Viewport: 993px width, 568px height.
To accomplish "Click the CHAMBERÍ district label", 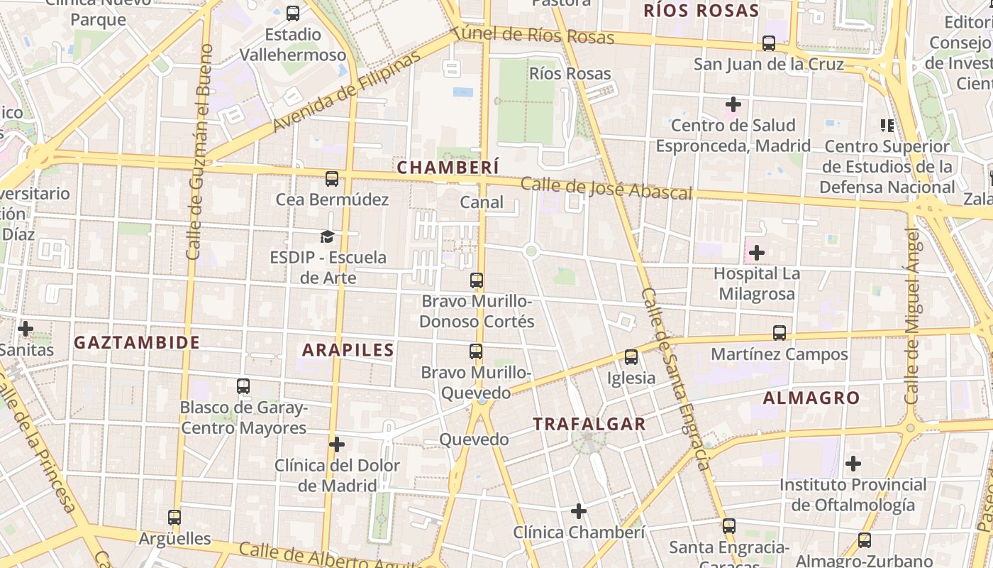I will click(448, 168).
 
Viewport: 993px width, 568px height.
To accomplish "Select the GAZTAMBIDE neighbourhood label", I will click(137, 342).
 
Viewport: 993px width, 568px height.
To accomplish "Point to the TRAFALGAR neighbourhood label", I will click(589, 424).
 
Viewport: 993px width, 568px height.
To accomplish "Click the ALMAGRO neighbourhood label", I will click(811, 398).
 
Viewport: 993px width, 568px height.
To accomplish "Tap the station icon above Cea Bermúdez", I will click(332, 179).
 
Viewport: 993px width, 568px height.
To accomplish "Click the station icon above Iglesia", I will click(631, 357).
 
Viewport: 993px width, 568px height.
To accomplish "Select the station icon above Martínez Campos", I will click(780, 333).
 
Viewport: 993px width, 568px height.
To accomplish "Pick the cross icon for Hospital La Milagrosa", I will click(757, 252).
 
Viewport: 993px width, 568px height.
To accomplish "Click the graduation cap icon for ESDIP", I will click(327, 236).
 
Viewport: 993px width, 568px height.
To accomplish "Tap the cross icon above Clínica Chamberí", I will click(579, 511).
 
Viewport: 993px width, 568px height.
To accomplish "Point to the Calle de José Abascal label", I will click(606, 189).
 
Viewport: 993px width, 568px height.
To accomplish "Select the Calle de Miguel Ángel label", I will click(912, 315).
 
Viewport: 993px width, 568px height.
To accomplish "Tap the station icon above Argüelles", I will click(174, 518).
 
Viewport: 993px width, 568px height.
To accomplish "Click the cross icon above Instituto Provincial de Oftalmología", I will click(853, 464).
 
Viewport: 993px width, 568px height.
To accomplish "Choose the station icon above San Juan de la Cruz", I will click(769, 43).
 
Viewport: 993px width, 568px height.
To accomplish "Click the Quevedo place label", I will click(474, 439).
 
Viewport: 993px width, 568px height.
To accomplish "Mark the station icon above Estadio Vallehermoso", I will click(293, 13).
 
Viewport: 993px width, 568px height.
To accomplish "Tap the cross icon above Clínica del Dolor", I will click(337, 444).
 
